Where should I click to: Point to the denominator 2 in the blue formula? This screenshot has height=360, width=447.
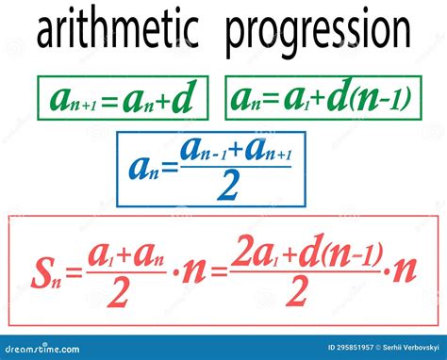coord(226,188)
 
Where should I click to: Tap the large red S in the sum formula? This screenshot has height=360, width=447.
coord(41,272)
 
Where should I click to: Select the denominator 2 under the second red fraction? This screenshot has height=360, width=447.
coord(297,294)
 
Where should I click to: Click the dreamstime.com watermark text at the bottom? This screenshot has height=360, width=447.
coord(47,348)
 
